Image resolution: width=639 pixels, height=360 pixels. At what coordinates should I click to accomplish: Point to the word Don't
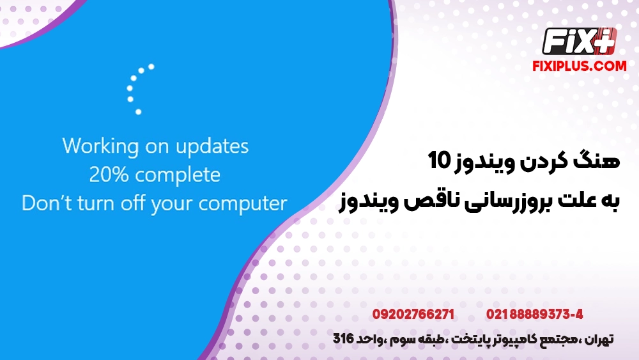pyautogui.click(x=43, y=203)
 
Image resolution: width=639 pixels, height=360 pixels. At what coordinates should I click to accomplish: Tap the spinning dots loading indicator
pyautogui.click(x=138, y=89)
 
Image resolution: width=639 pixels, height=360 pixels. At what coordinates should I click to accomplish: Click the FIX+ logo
pyautogui.click(x=579, y=42)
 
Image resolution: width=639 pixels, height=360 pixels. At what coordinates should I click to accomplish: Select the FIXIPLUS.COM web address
pyautogui.click(x=579, y=66)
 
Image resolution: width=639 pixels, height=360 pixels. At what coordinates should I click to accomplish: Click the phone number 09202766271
pyautogui.click(x=413, y=315)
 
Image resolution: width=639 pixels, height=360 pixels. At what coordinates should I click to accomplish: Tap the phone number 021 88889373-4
pyautogui.click(x=534, y=315)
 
